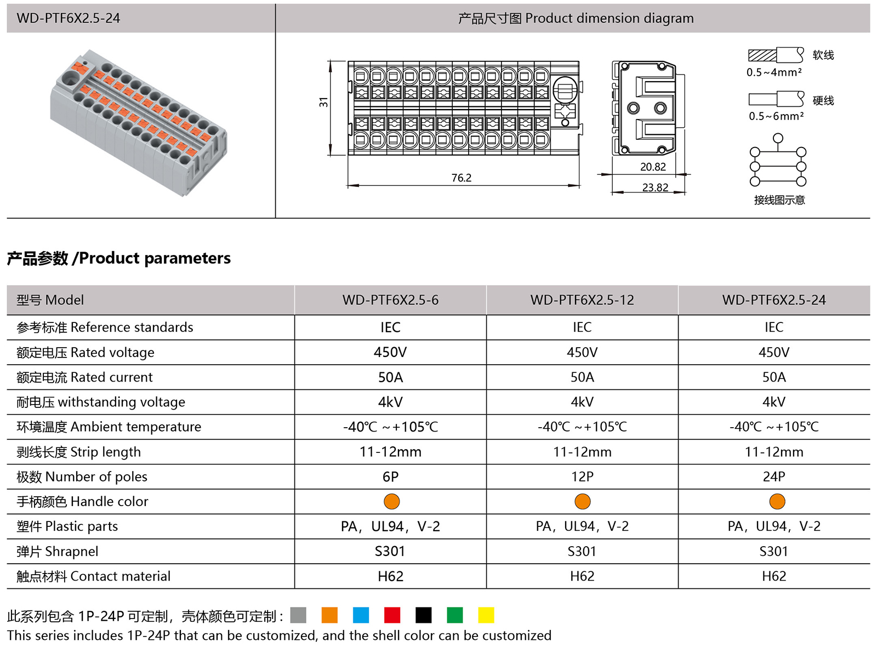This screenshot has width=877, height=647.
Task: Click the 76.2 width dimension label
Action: point(461,178)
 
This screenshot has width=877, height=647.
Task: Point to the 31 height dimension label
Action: point(323,102)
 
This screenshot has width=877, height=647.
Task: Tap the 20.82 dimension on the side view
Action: point(653,167)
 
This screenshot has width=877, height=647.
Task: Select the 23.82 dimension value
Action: point(655,188)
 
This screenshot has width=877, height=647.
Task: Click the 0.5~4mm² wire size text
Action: point(774,72)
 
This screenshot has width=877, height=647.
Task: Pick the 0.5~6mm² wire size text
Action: point(776,116)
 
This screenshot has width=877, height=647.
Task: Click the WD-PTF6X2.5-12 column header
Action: point(582,300)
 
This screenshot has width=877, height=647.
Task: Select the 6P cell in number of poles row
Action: point(390,476)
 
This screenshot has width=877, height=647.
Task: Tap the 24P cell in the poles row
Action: point(774,476)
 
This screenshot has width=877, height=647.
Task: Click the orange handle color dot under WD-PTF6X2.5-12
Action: point(582,501)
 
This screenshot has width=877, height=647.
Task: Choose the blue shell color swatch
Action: point(361,615)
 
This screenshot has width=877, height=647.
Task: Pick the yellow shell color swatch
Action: point(486,615)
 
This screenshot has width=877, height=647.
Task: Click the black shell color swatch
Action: point(423,615)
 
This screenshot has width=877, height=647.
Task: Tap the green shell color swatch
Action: point(454,615)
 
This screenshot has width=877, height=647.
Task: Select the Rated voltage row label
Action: point(86,352)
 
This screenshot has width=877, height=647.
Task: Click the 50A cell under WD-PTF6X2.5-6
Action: point(390,377)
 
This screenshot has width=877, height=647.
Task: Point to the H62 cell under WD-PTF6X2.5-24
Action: point(774,576)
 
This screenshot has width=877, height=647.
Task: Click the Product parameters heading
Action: point(119,258)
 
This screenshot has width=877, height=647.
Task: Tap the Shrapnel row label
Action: point(58,551)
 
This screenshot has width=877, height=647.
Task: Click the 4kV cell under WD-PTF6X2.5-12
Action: point(582,402)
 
